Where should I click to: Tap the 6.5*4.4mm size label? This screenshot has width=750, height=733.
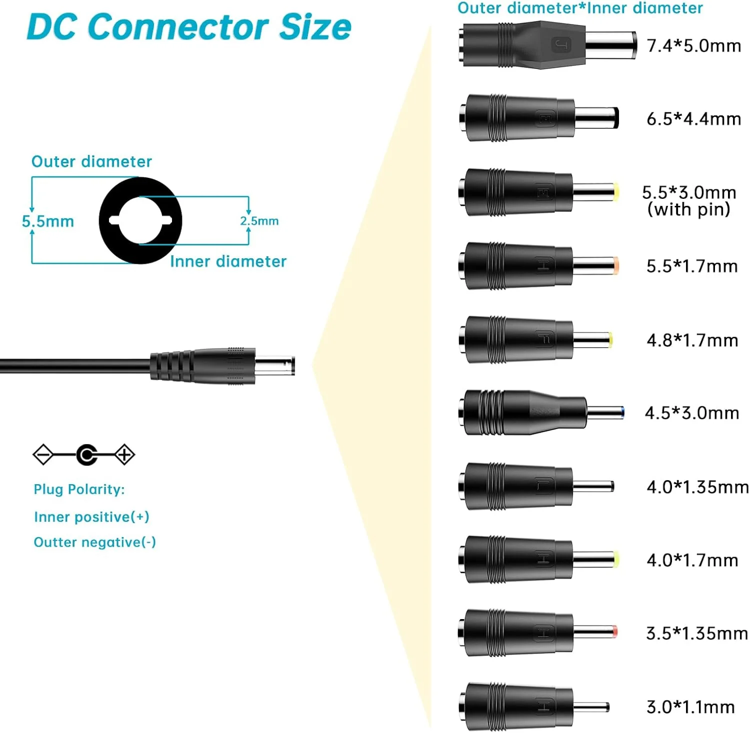click(693, 119)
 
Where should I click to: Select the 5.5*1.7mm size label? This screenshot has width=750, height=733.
click(692, 266)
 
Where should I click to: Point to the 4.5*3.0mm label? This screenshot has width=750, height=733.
click(691, 413)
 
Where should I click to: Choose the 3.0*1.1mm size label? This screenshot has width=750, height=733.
click(690, 707)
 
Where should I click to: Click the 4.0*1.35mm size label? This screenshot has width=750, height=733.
click(697, 487)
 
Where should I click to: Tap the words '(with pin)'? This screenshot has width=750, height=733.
click(688, 209)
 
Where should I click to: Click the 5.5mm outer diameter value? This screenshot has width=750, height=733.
click(48, 221)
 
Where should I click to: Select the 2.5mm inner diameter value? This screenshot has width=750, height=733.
click(259, 221)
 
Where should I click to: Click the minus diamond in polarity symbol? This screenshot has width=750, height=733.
click(43, 455)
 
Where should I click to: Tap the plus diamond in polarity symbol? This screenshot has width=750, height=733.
click(124, 455)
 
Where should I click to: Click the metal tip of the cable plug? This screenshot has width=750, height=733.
click(275, 365)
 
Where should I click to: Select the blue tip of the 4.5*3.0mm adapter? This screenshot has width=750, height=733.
click(621, 413)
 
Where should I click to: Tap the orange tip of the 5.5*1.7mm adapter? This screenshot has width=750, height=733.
click(616, 266)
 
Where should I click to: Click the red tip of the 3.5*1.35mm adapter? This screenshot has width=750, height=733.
click(615, 632)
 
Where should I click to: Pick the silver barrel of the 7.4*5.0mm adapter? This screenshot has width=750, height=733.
click(610, 45)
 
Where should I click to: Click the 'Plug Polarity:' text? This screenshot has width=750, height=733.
click(79, 489)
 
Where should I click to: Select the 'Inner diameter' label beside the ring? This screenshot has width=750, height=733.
click(228, 261)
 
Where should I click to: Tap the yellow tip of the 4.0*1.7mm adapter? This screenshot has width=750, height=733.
click(616, 560)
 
